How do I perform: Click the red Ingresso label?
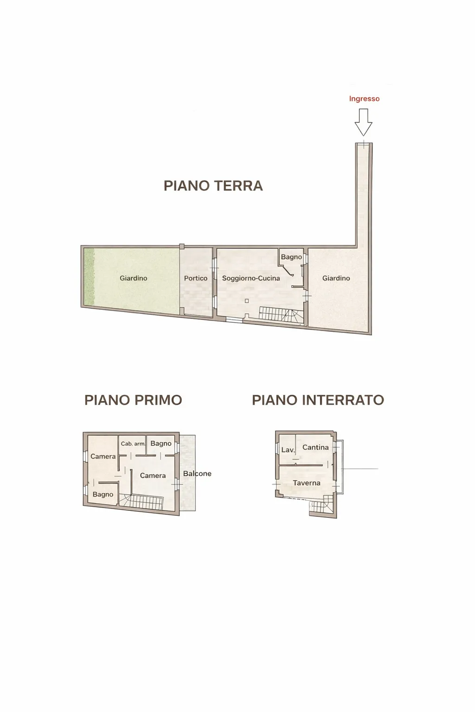click(364, 99)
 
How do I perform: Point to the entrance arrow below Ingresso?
click(363, 122)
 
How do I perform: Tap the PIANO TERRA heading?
click(213, 186)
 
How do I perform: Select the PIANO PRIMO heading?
click(133, 400)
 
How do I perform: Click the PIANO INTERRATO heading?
click(318, 400)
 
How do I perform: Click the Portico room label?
click(196, 278)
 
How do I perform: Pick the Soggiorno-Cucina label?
click(251, 278)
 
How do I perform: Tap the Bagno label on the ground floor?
click(291, 257)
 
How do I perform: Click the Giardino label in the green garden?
click(133, 278)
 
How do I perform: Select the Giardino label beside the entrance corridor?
click(336, 278)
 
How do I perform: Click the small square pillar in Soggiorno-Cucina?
click(247, 301)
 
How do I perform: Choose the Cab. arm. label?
click(133, 444)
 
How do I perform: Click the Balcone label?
click(197, 474)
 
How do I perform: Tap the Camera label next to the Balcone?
click(153, 476)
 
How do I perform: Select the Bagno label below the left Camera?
click(103, 494)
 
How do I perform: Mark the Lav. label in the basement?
click(288, 450)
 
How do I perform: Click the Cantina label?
click(315, 447)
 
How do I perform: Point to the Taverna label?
click(306, 483)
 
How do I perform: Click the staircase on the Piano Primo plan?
click(141, 502)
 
